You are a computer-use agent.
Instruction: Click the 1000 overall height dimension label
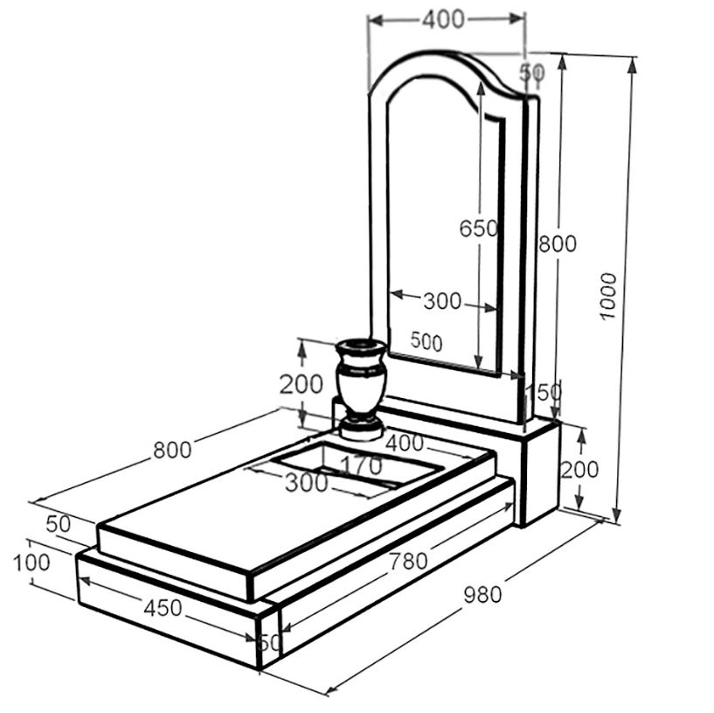point(608,297)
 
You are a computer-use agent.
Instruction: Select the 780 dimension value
point(408,561)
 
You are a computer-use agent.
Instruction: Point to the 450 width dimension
point(163,608)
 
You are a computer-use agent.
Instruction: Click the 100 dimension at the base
point(31,563)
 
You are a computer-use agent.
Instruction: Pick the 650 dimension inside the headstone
point(479,228)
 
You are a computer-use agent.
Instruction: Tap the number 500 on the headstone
point(426,341)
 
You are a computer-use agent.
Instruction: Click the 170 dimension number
point(362,465)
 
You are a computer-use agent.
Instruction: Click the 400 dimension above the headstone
point(444,19)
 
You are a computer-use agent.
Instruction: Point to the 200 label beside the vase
point(301,384)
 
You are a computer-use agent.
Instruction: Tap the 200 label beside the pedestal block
point(579,470)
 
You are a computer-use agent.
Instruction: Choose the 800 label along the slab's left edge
point(172,451)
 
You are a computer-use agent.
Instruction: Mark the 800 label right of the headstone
point(558,244)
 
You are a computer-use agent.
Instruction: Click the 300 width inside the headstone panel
point(442,301)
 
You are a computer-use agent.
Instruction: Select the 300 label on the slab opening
point(307,483)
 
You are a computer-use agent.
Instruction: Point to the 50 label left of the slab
point(59,524)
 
